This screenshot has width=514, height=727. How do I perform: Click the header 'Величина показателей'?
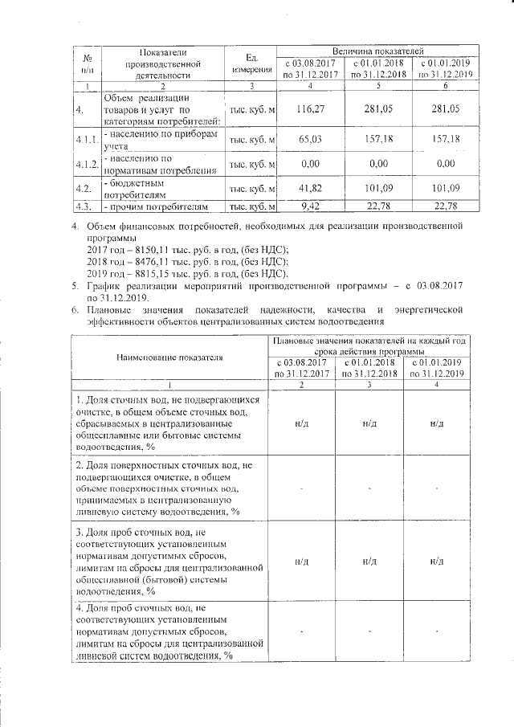377,51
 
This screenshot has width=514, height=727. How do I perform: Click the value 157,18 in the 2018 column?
376,140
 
